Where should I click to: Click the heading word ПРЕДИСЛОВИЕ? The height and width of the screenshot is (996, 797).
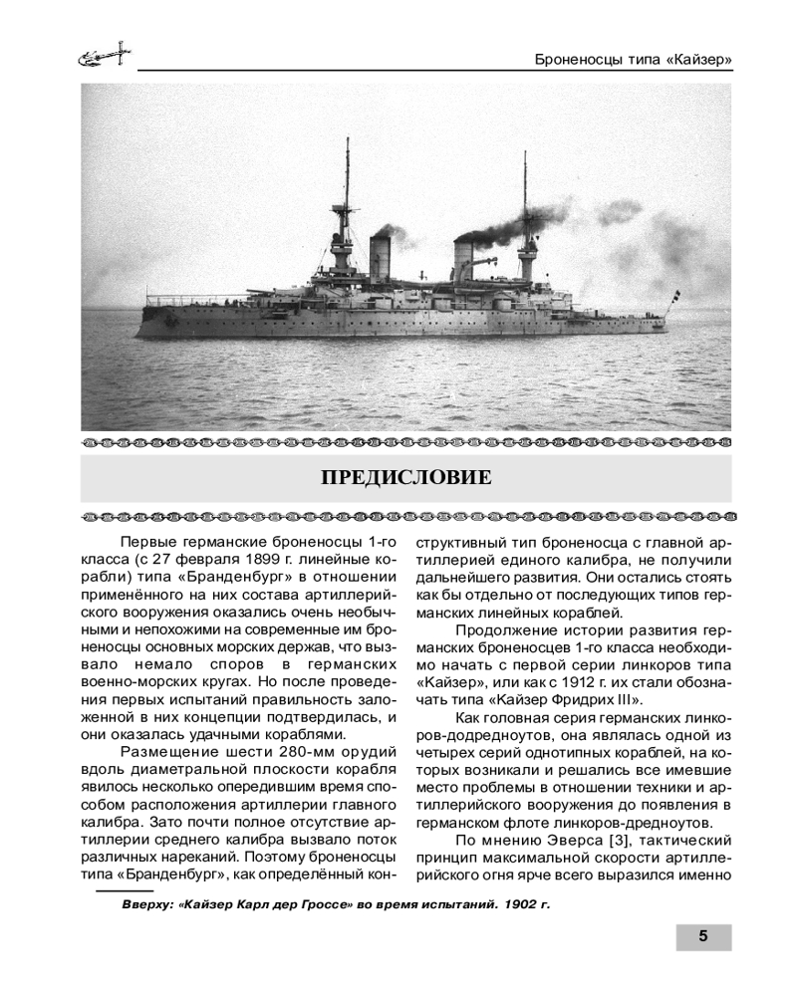[x=405, y=477]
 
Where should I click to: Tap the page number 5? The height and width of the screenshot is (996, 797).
[x=703, y=936]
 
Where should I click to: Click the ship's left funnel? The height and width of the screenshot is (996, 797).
[x=380, y=258]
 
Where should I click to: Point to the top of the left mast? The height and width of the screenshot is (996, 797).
[x=347, y=142]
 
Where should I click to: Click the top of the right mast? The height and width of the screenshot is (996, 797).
[x=524, y=155]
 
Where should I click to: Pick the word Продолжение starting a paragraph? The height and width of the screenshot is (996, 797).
[x=505, y=632]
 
